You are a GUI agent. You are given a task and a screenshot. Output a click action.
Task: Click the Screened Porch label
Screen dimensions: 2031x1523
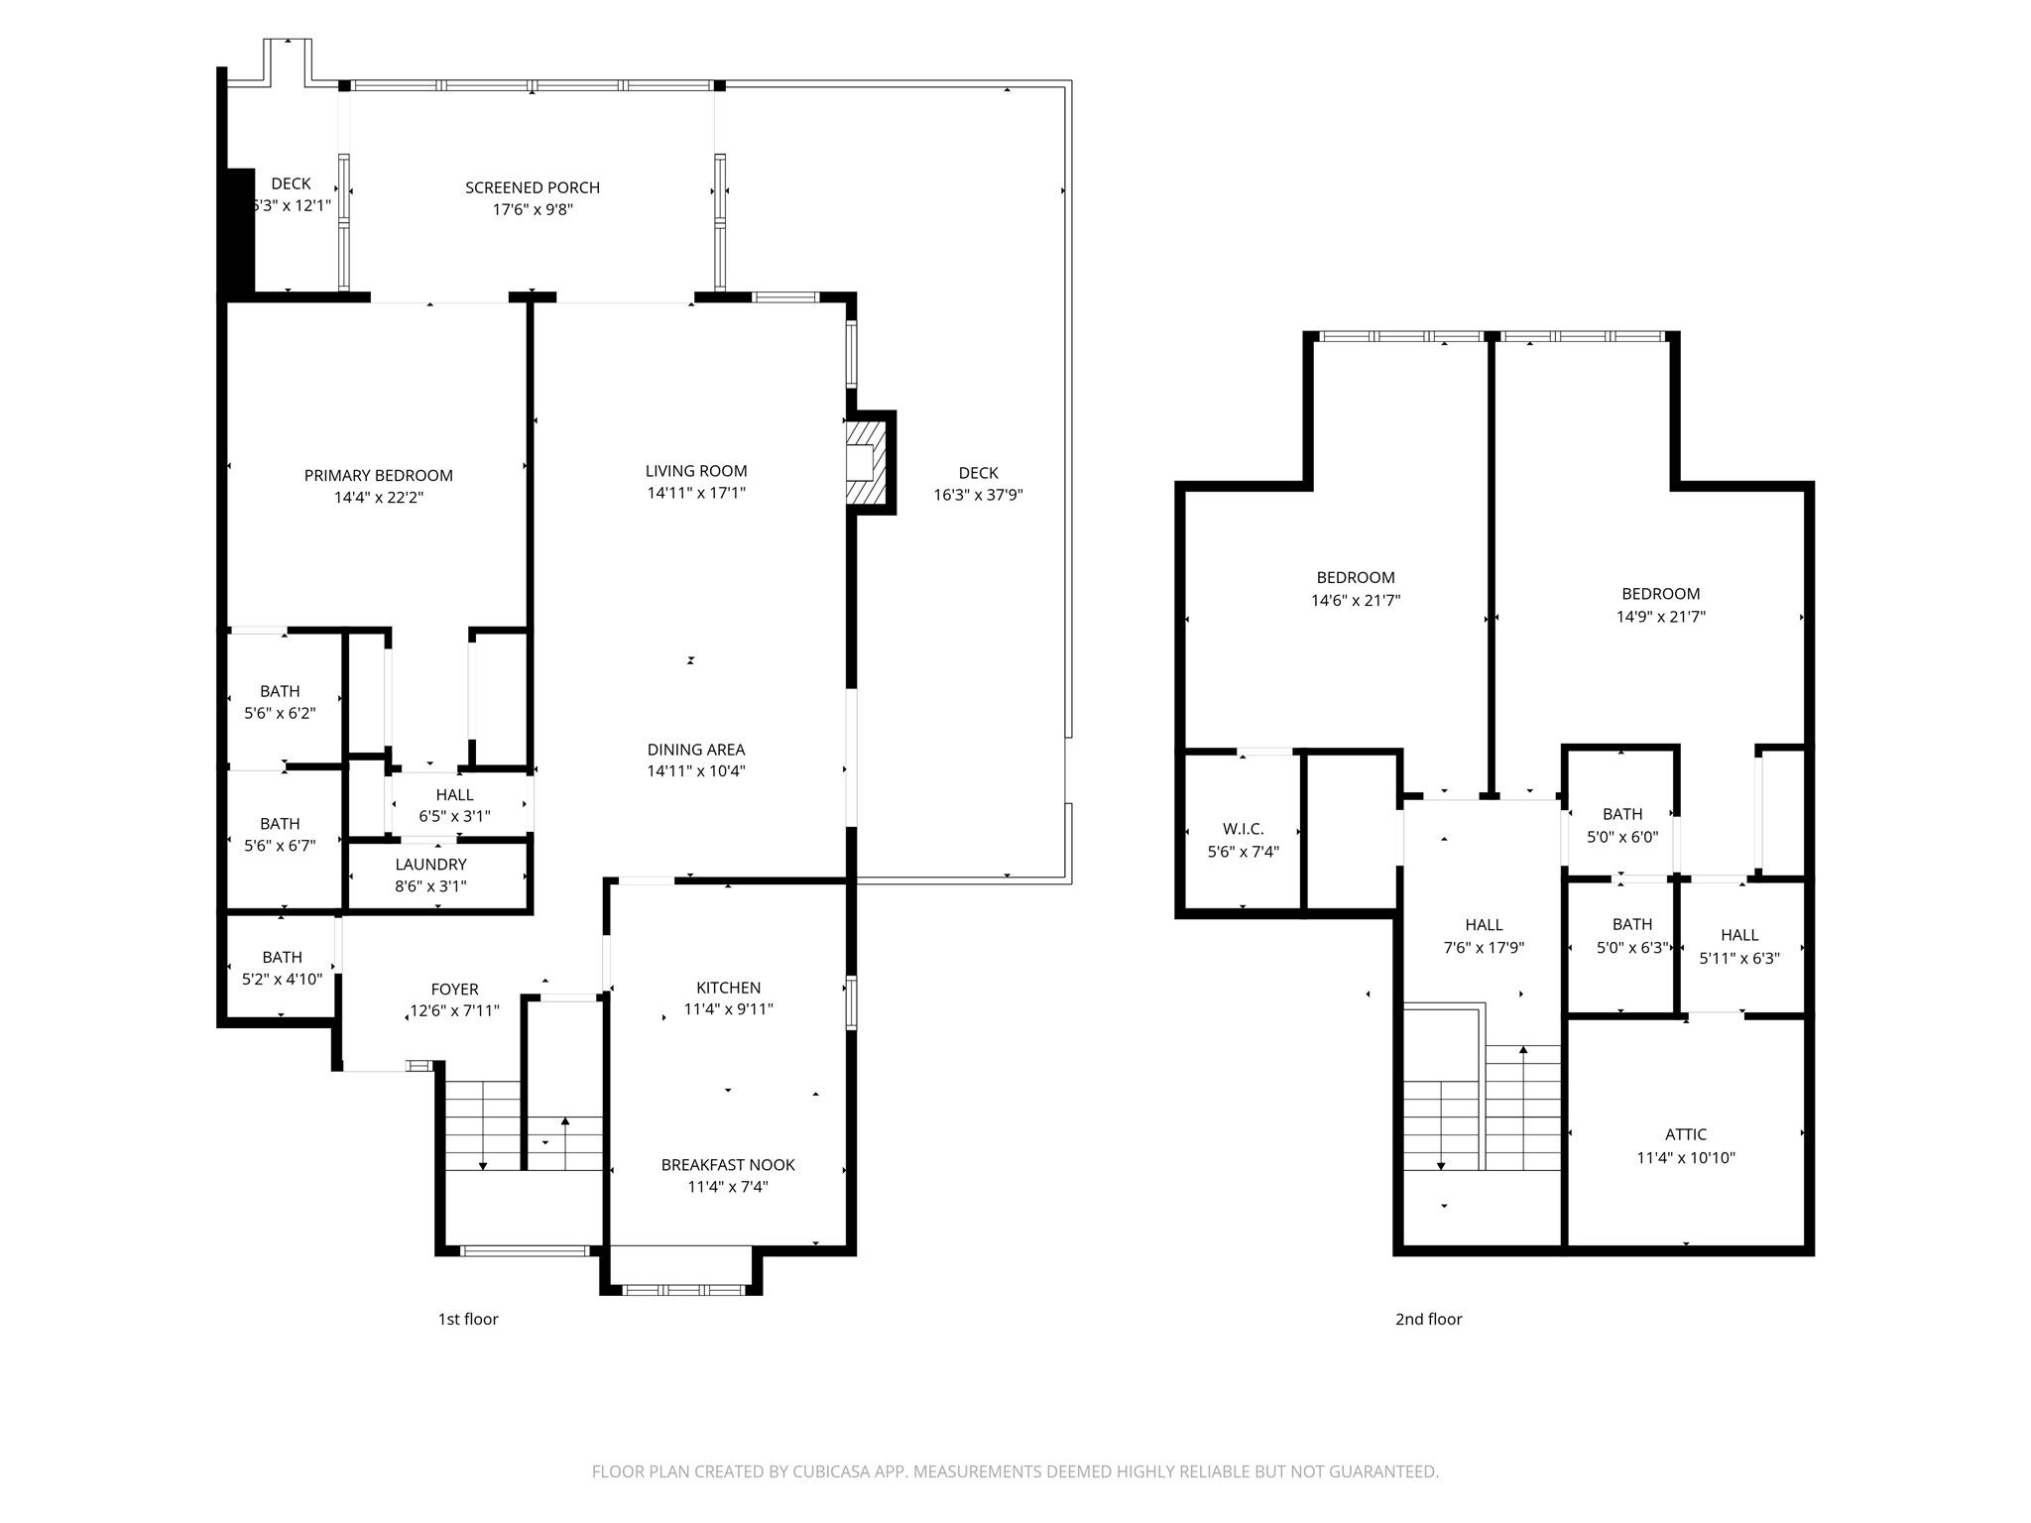coord(533,187)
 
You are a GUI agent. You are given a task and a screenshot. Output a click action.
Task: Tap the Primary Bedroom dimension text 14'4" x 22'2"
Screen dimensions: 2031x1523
coord(379,498)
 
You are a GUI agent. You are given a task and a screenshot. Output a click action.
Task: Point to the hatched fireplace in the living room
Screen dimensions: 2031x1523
coord(862,462)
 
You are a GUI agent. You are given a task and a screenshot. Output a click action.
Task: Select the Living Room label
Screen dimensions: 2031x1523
coord(696,471)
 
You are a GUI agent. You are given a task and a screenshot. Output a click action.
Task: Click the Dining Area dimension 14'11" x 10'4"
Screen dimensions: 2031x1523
coord(696,771)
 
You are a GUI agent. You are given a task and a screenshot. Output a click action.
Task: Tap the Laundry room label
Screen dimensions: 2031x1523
coord(430,865)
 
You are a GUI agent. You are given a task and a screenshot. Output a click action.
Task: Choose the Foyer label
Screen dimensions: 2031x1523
coord(455,989)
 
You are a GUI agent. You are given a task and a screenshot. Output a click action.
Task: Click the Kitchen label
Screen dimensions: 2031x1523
coord(729,988)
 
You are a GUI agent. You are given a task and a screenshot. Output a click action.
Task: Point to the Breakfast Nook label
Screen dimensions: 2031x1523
coord(729,1165)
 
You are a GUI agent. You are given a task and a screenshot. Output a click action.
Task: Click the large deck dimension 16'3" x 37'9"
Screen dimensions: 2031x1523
coord(978,495)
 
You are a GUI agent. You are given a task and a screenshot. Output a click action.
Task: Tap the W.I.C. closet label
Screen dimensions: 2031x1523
coord(1244,829)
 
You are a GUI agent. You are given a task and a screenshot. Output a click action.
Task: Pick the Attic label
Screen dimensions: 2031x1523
coord(1686,1134)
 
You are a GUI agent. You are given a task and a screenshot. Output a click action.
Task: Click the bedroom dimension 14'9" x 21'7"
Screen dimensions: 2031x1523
coord(1661,617)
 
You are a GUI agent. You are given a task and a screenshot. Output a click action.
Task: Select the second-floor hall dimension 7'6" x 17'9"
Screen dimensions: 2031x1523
coord(1484,948)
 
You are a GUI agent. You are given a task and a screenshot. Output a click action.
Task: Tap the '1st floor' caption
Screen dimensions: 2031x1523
coord(468,1319)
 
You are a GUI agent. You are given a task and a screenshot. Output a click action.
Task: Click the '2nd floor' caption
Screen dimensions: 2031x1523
coord(1429,1319)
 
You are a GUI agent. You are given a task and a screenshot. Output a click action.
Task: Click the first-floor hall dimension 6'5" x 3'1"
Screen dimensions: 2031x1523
coord(455,817)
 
